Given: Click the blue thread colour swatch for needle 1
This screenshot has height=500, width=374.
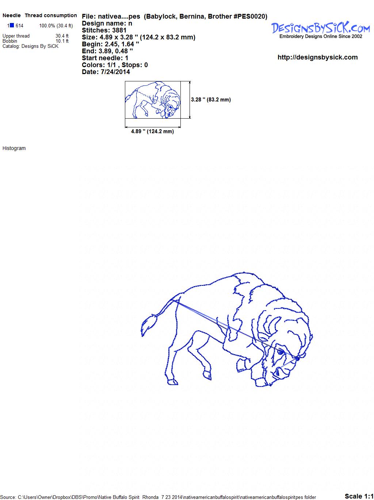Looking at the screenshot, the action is (12, 25).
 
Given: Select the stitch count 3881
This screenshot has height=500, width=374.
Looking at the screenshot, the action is (119, 30).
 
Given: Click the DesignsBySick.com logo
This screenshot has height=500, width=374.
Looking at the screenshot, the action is (321, 30).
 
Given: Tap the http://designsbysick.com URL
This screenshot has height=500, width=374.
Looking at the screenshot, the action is (317, 57).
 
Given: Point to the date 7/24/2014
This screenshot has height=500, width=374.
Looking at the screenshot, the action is (115, 72).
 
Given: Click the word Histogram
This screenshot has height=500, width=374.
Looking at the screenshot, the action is (14, 148).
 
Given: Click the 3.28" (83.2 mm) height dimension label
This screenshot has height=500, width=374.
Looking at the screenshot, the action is (211, 100).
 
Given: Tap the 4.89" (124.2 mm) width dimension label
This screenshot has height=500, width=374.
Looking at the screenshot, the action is (152, 131).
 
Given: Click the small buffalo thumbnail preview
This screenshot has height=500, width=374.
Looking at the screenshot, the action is (153, 100).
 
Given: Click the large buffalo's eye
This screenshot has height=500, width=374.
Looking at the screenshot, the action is (280, 352).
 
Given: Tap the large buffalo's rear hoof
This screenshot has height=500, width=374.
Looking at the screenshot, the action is (172, 382).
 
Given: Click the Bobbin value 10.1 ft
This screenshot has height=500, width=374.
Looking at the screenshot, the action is (62, 41).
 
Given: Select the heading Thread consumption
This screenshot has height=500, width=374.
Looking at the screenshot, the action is (51, 15).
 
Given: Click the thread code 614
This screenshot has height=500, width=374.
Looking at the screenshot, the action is (19, 26).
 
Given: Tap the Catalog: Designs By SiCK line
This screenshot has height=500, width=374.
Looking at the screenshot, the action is (30, 46).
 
